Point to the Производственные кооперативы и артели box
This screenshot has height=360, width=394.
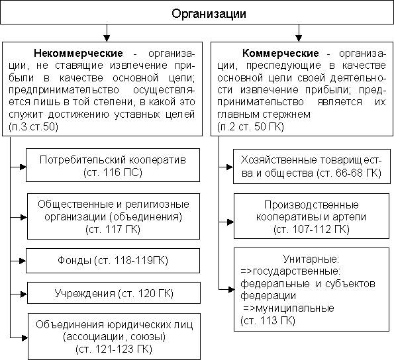click(x=308, y=216)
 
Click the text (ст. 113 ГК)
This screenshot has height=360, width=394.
click(x=265, y=320)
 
